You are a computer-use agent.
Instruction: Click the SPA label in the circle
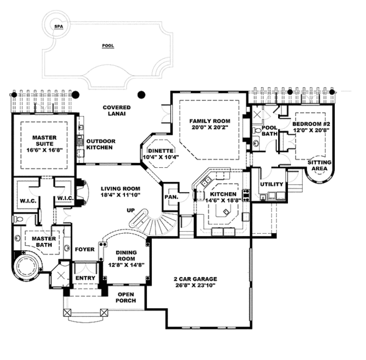59,26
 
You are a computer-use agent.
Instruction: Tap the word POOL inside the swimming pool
108,46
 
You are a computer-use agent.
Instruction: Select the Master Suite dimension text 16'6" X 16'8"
45,150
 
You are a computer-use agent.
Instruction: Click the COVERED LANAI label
117,110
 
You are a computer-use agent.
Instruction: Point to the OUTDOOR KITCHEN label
101,144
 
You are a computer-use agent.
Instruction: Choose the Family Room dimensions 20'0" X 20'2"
210,128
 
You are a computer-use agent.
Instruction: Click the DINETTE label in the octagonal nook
161,151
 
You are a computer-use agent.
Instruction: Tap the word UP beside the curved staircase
131,211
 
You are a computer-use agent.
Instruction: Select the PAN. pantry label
171,197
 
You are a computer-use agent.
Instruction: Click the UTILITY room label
271,184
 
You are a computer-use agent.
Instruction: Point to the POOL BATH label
270,131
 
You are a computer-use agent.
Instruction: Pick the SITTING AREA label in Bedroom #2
319,165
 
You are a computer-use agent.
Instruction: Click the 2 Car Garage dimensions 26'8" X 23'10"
195,285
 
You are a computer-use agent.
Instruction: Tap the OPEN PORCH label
126,297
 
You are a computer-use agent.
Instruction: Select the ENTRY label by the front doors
85,278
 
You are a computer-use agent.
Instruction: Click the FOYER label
85,250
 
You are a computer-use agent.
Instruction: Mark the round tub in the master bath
26,267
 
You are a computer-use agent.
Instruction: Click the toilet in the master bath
18,219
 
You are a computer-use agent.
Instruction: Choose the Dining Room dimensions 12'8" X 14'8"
126,265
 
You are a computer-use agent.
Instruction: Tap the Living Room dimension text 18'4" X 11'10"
120,195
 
